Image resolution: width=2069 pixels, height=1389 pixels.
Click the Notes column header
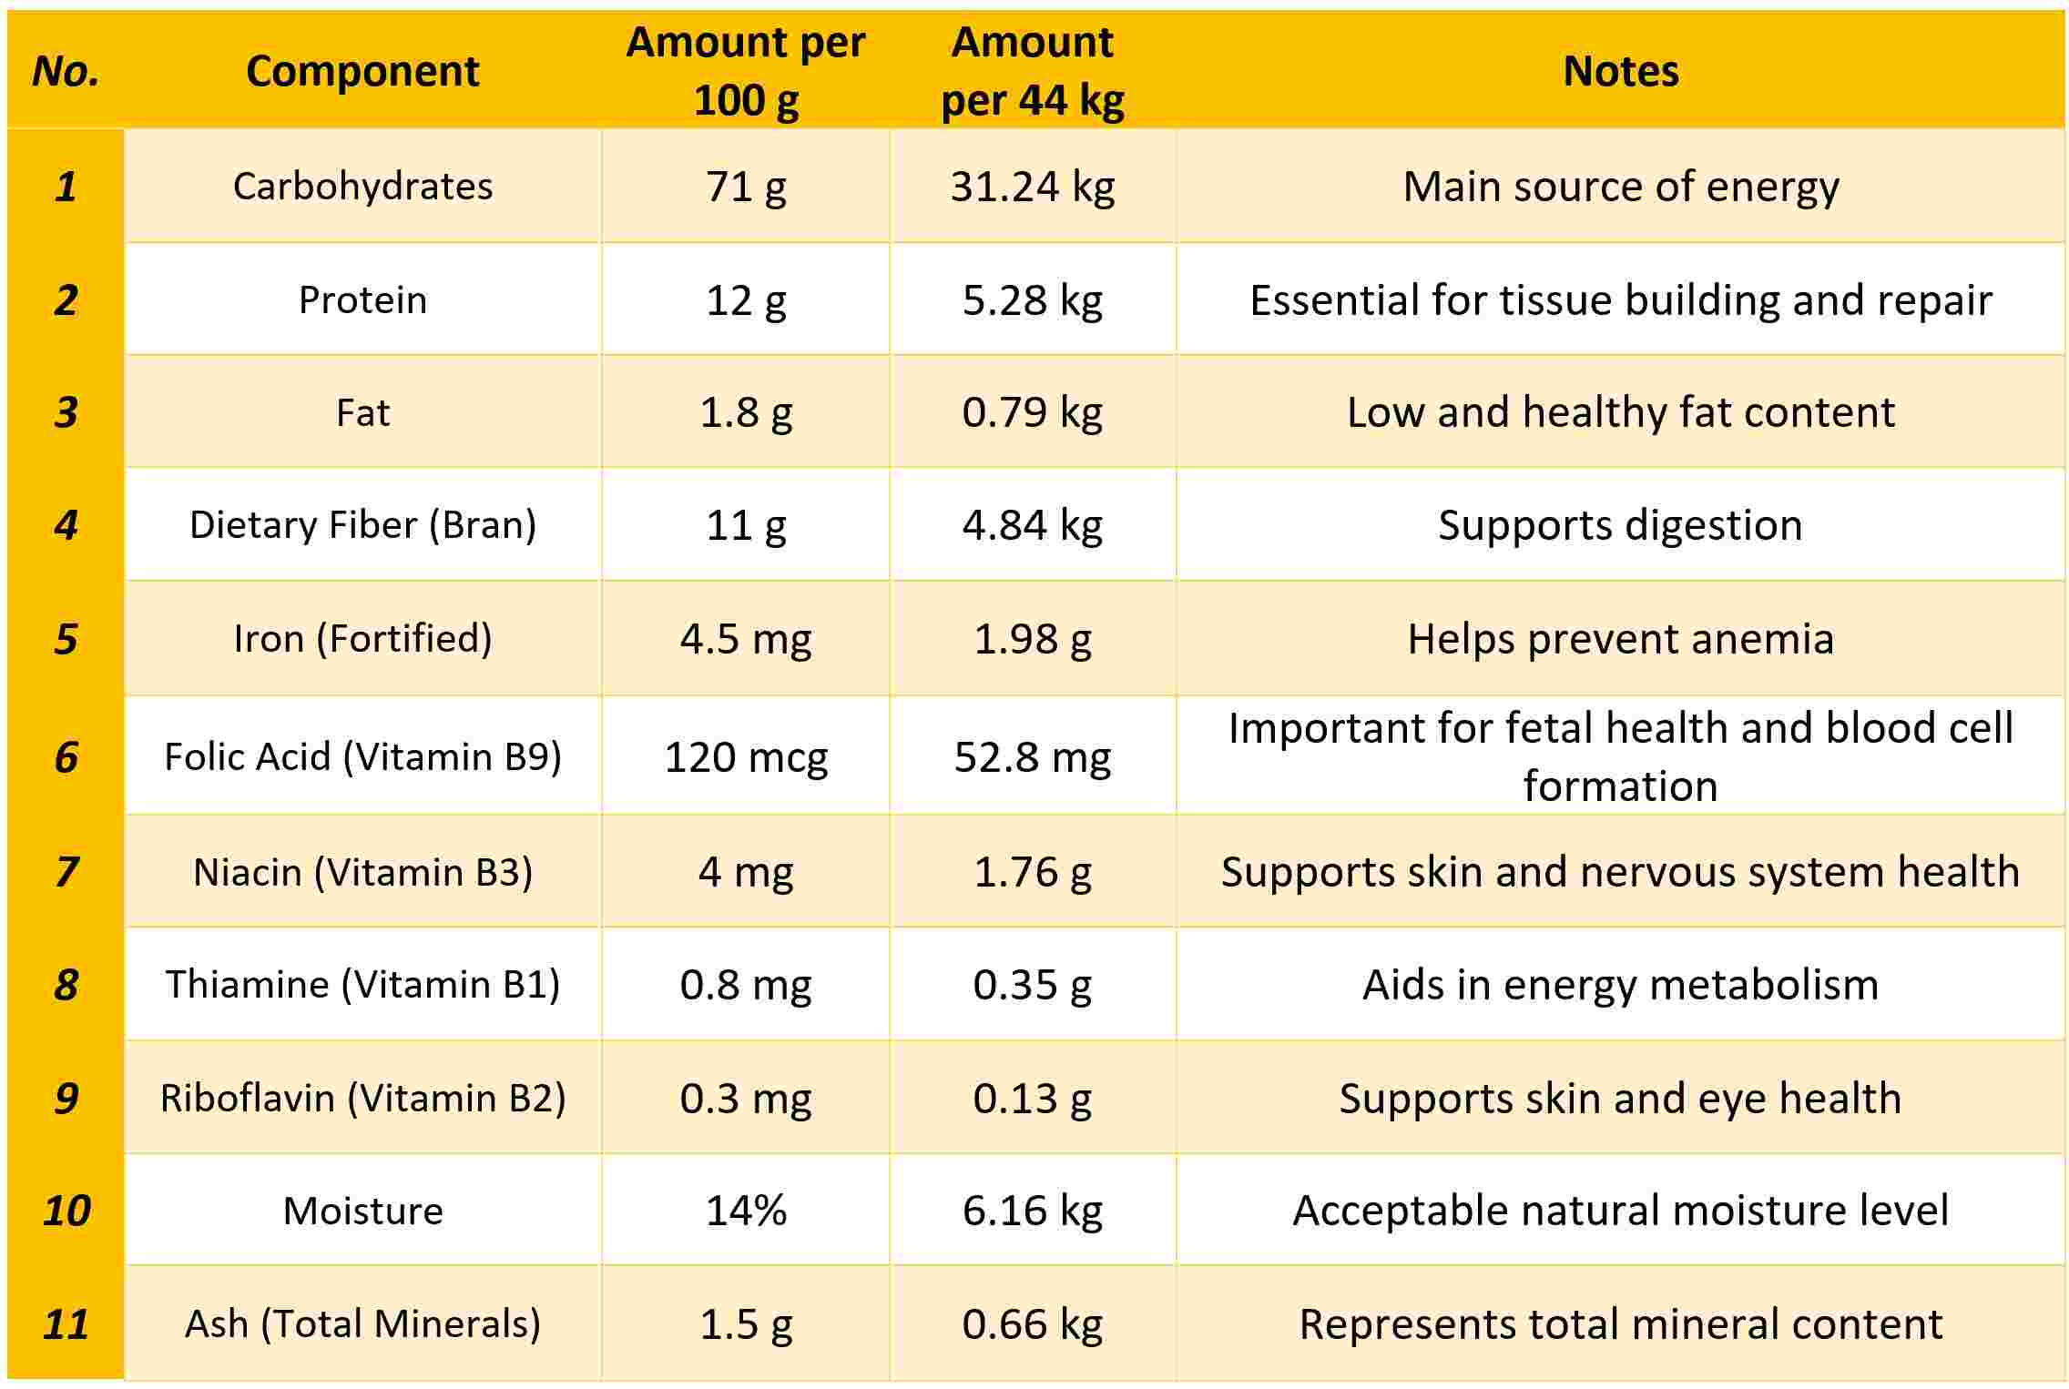click(1620, 71)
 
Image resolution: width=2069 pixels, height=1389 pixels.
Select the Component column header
click(362, 71)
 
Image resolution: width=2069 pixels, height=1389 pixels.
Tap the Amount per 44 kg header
click(1032, 71)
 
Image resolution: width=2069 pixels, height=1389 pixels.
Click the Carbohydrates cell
click(362, 186)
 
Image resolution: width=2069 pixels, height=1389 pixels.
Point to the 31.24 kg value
click(1032, 186)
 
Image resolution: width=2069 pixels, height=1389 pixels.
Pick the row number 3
click(66, 411)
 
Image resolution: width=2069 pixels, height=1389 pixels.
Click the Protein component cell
click(362, 299)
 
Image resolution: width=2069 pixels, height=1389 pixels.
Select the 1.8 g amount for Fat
click(745, 411)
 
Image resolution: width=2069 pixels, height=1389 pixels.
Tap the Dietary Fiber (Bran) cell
click(362, 524)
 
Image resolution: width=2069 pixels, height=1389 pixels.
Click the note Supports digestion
click(1620, 524)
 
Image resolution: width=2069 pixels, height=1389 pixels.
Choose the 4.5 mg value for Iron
click(745, 638)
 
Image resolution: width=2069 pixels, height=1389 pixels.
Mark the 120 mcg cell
click(745, 756)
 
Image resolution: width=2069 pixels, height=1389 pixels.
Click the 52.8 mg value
click(1032, 756)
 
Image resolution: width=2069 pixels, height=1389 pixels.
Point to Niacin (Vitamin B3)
click(362, 871)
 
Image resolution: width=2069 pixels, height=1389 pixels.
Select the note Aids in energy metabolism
click(1620, 984)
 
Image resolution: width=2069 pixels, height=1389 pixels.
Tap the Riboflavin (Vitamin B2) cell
click(362, 1098)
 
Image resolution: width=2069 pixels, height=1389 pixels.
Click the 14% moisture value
click(745, 1211)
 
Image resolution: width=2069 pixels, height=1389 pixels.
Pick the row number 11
click(66, 1323)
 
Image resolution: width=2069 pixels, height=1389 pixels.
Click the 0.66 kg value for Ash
click(1032, 1323)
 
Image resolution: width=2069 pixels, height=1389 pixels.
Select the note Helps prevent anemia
click(1620, 638)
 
